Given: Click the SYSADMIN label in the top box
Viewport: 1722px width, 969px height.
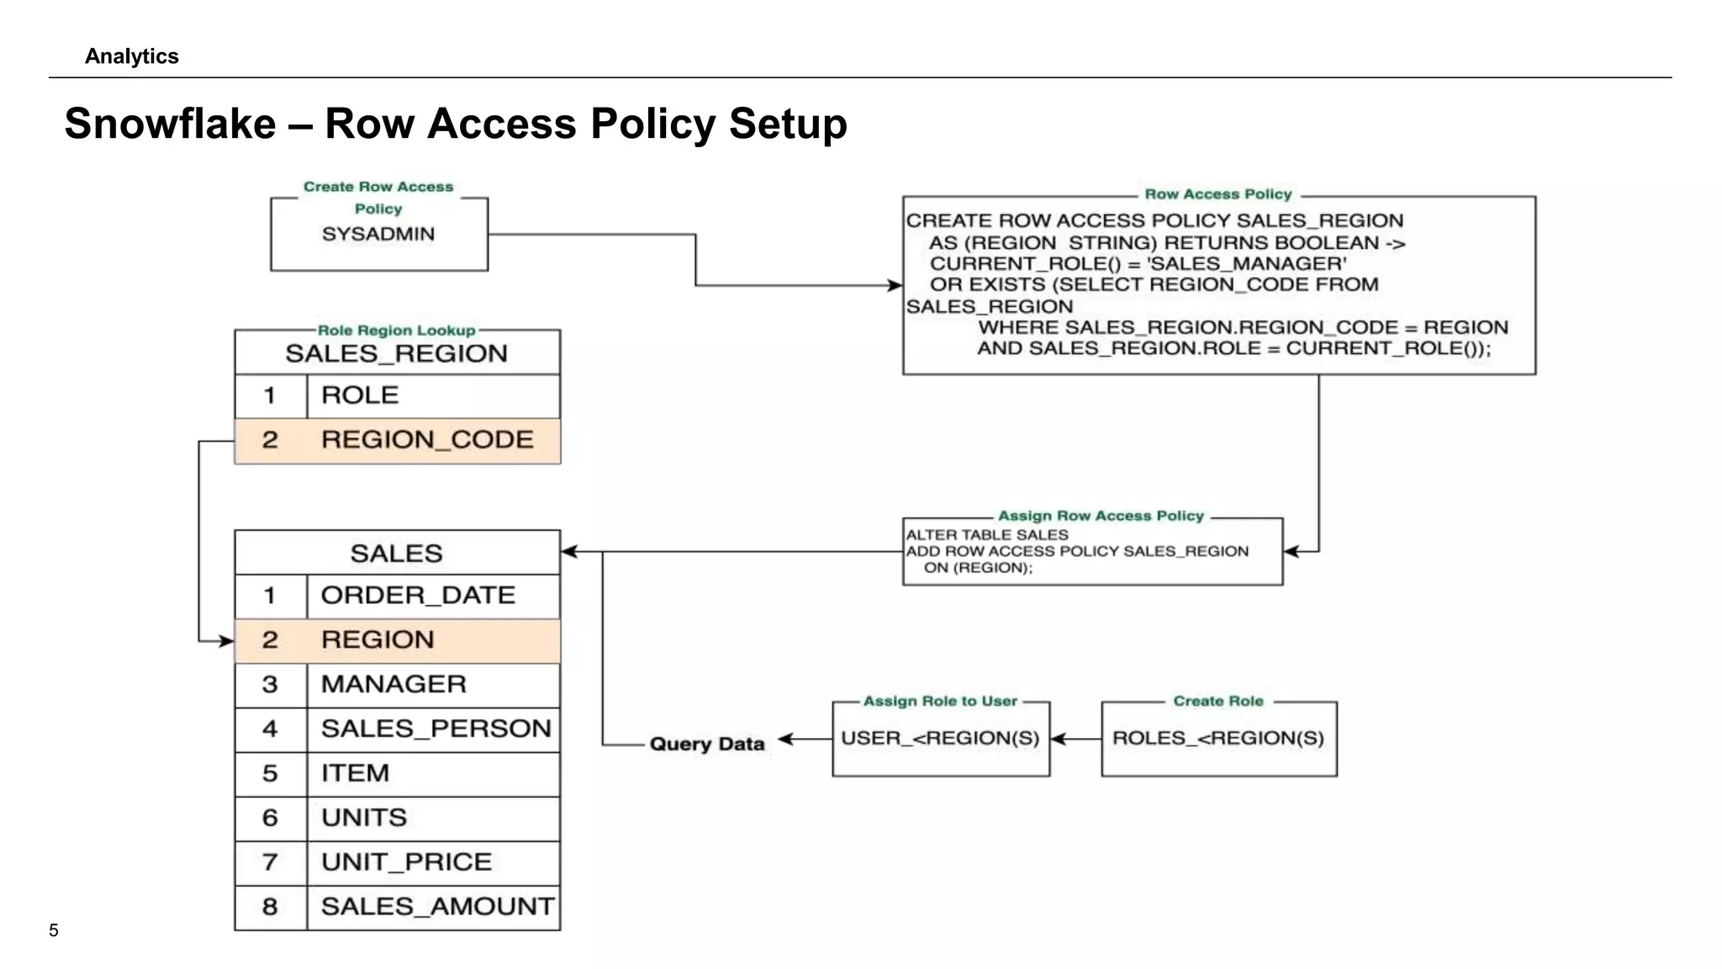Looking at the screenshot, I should [378, 234].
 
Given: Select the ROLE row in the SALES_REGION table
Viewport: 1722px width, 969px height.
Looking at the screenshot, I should [397, 395].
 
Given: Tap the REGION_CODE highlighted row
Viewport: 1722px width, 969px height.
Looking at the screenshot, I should [397, 440].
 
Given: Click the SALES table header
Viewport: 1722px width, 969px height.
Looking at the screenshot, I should [397, 553].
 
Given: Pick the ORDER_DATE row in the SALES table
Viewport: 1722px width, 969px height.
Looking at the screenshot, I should [397, 596].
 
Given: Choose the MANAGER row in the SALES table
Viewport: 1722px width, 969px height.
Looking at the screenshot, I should [397, 684].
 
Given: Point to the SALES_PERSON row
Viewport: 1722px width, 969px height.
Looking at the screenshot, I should [397, 728].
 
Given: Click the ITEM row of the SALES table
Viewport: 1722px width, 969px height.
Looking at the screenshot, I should [397, 773].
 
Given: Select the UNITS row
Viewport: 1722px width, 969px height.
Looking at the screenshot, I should [397, 818].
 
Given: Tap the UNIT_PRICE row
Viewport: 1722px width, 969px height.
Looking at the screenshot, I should [397, 862].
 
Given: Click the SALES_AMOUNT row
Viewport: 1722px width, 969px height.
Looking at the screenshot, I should [397, 907].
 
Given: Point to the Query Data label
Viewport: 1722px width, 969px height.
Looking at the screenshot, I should [707, 744].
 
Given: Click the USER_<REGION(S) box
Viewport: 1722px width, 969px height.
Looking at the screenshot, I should [940, 739].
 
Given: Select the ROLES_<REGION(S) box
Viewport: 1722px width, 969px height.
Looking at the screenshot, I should [1218, 739].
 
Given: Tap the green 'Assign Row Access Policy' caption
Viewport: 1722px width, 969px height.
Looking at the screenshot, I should [1101, 516].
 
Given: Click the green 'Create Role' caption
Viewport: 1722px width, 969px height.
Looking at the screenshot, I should [1218, 701].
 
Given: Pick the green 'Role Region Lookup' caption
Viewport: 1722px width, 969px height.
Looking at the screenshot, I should [396, 331].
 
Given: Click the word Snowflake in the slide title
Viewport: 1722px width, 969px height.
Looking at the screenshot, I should [170, 124].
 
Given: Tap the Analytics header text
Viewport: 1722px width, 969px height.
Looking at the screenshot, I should [132, 56].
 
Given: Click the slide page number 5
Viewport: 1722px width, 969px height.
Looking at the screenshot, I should [54, 930].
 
